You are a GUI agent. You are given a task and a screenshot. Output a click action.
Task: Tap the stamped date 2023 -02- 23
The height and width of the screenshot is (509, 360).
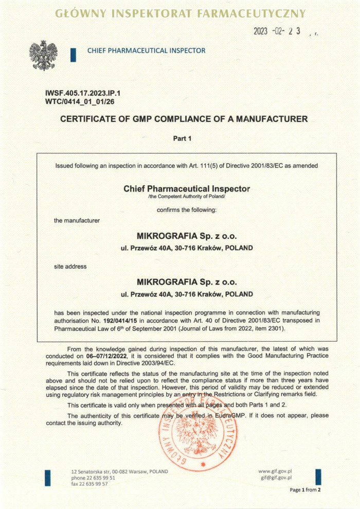point(277,31)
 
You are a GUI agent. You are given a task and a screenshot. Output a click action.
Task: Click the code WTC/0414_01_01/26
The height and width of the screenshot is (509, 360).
point(80,102)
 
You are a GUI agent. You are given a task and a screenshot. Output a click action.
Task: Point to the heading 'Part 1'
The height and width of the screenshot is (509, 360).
point(184,138)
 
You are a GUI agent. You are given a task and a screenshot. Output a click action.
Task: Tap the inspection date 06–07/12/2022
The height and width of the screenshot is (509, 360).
point(105,356)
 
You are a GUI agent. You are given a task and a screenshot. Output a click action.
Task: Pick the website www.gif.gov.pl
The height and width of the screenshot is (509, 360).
point(275,471)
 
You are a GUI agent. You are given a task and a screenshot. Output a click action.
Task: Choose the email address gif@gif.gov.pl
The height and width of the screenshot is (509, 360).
point(277,478)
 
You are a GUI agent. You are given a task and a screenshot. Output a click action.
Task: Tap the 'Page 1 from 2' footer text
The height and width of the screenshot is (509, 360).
point(305,489)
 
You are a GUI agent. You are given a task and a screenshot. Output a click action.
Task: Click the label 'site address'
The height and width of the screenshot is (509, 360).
point(70,267)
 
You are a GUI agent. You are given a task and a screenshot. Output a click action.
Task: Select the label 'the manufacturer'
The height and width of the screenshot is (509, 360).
point(77,220)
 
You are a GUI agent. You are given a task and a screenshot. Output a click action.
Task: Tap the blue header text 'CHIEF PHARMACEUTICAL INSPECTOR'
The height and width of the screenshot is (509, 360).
point(146,50)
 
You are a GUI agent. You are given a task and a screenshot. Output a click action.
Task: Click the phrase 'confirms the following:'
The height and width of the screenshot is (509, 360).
point(184,209)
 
